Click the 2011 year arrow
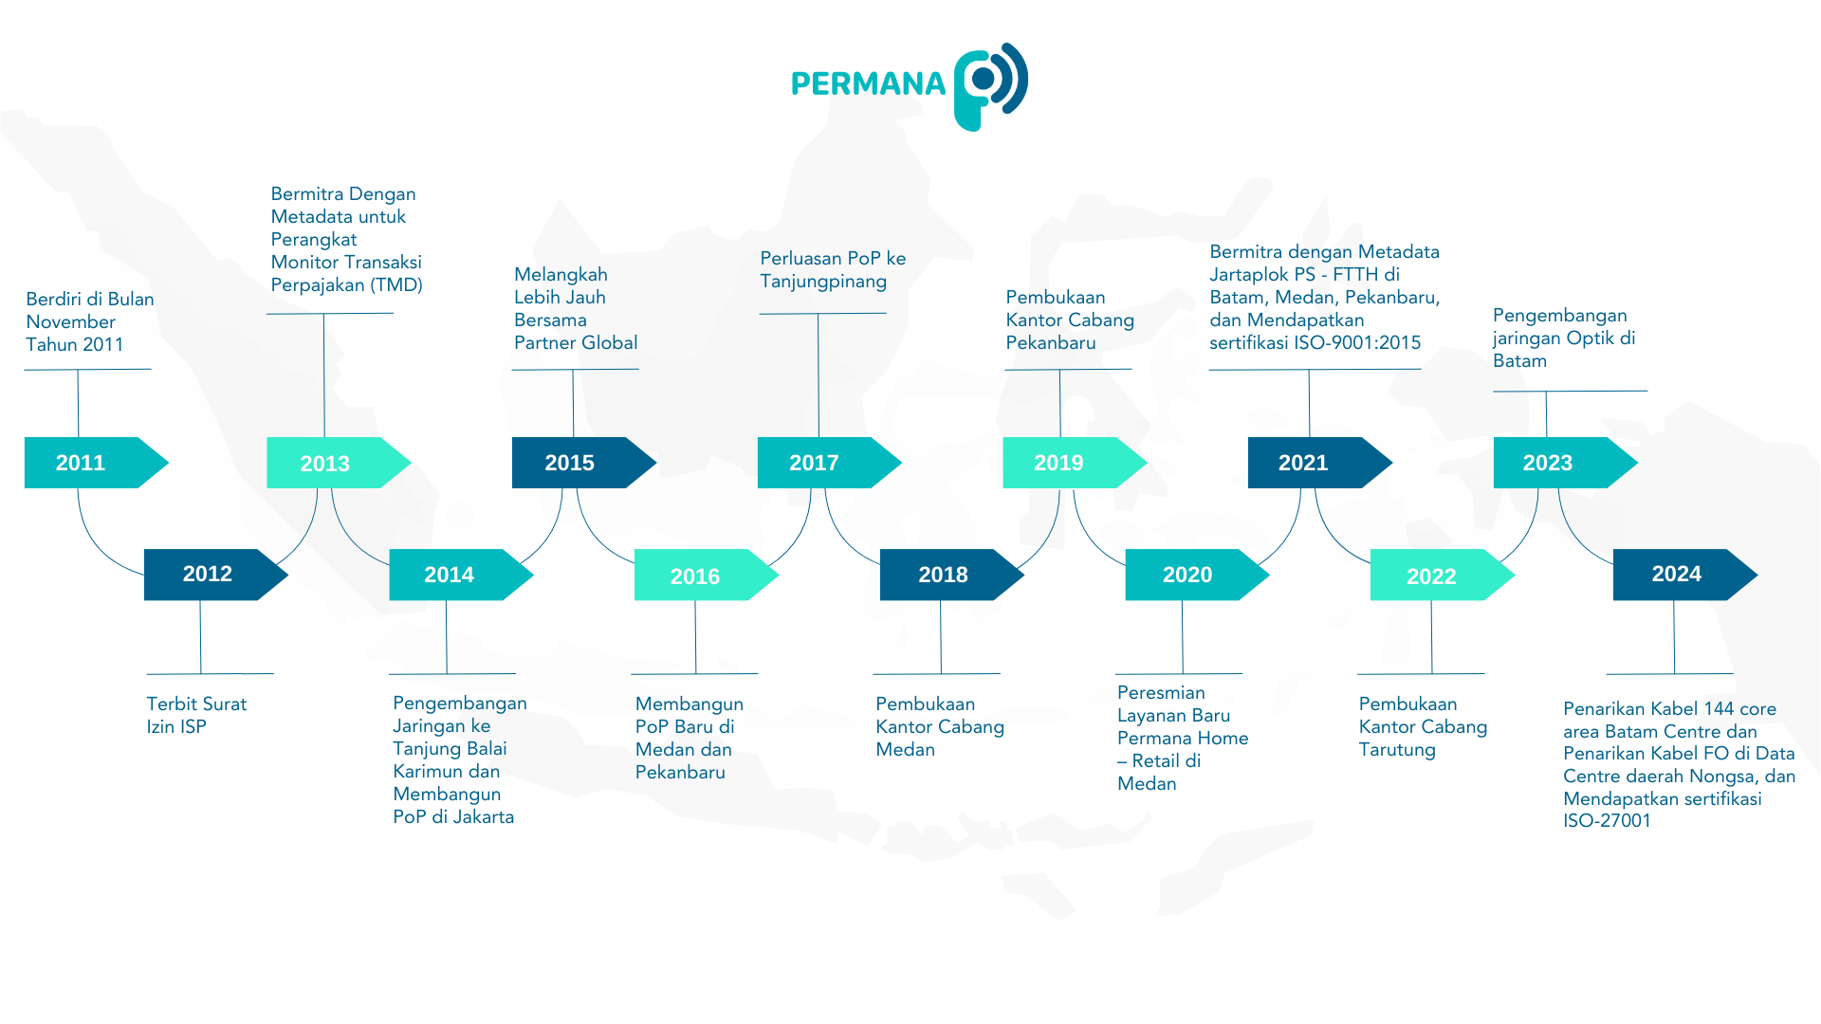[x=96, y=463]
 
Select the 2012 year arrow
[x=215, y=575]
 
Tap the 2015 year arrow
[x=583, y=463]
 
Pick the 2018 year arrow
[x=951, y=575]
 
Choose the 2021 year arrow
[x=1319, y=463]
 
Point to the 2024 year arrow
[x=1685, y=575]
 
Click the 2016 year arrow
[x=706, y=575]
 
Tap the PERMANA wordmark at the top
[x=868, y=84]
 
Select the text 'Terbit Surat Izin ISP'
[x=196, y=715]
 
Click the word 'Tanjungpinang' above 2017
[x=823, y=282]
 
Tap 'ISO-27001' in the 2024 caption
[x=1607, y=821]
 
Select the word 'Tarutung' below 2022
[x=1397, y=750]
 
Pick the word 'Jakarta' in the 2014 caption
[x=484, y=817]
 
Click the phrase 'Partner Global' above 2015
[x=576, y=343]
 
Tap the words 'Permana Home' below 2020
[x=1183, y=739]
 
